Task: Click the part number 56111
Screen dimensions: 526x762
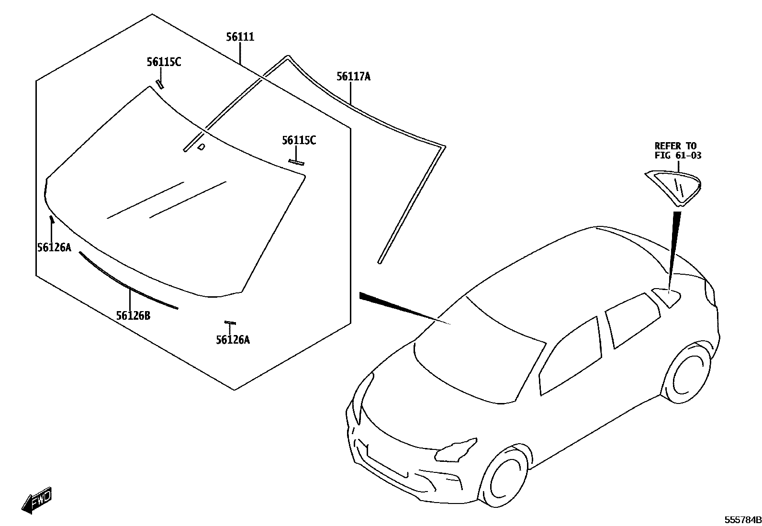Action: coord(240,37)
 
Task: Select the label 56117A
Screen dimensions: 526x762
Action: coord(353,77)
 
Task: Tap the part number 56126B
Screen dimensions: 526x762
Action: coord(133,316)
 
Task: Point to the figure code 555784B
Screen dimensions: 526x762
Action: coord(742,520)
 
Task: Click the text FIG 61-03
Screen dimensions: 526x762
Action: coord(678,155)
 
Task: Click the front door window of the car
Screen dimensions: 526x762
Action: coord(570,357)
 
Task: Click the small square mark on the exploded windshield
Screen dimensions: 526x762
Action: coord(202,146)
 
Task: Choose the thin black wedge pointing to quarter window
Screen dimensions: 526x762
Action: coord(673,249)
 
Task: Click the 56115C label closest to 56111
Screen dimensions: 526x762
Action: coord(164,62)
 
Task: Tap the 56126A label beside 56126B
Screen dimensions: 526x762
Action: coord(54,247)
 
